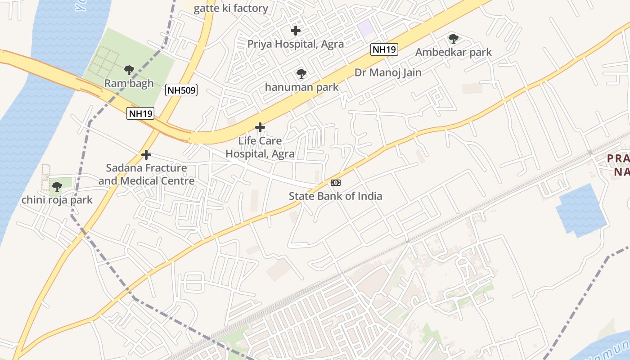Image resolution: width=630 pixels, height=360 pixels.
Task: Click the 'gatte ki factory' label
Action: point(231,9)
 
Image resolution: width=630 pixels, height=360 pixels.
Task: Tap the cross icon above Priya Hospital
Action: point(296,31)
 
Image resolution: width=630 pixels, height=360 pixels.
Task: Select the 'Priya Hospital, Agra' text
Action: point(296,44)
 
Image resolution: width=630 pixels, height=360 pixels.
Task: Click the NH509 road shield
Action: point(181,90)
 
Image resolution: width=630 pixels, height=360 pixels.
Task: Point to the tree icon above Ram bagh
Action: point(129,70)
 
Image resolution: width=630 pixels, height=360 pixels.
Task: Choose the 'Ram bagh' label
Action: point(129,83)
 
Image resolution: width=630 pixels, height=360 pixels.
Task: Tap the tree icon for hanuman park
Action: point(301,74)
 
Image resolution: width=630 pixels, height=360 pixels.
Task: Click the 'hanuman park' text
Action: point(301,87)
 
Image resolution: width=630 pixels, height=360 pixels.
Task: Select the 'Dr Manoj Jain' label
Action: point(388,72)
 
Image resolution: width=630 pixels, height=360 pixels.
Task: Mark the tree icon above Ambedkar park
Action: point(454,39)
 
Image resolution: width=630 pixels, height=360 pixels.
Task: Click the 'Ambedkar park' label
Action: point(454,52)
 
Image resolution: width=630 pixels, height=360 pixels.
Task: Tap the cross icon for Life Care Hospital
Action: point(260,128)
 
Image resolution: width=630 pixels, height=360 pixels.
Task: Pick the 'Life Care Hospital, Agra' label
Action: point(260,147)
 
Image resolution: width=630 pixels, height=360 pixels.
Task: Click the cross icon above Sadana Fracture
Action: point(146,155)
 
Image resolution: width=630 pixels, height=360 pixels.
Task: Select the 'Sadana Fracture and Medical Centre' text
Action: point(147,174)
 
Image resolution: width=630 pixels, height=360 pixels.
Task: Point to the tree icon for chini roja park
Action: point(57,186)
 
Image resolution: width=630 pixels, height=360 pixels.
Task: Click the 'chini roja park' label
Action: point(57,200)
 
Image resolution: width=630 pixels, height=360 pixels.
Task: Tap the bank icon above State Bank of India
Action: point(336,183)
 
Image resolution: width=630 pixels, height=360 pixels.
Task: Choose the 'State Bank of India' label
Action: point(336,196)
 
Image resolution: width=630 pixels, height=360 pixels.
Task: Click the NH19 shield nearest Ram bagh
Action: point(140,113)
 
